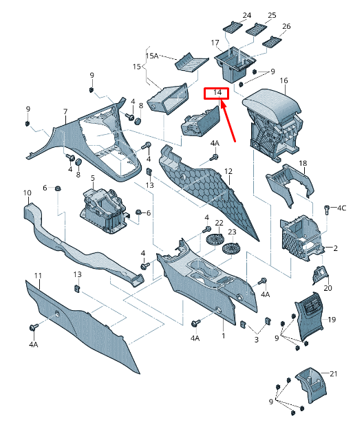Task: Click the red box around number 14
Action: (x=217, y=88)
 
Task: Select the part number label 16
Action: (x=283, y=80)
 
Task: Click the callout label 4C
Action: (x=342, y=208)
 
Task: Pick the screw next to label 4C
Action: (x=327, y=210)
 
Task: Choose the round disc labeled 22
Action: (x=215, y=239)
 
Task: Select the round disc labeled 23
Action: (x=231, y=249)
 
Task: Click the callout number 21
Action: (x=334, y=374)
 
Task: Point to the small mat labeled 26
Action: (x=272, y=42)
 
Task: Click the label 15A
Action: (x=152, y=56)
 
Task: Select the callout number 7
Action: (x=65, y=111)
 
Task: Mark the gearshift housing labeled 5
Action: (x=103, y=211)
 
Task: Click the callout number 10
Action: (x=28, y=193)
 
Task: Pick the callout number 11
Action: (x=38, y=276)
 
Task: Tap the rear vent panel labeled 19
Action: (x=309, y=317)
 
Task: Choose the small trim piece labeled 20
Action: (x=321, y=274)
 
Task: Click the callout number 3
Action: (x=257, y=340)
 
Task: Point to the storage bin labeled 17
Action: (x=235, y=64)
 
